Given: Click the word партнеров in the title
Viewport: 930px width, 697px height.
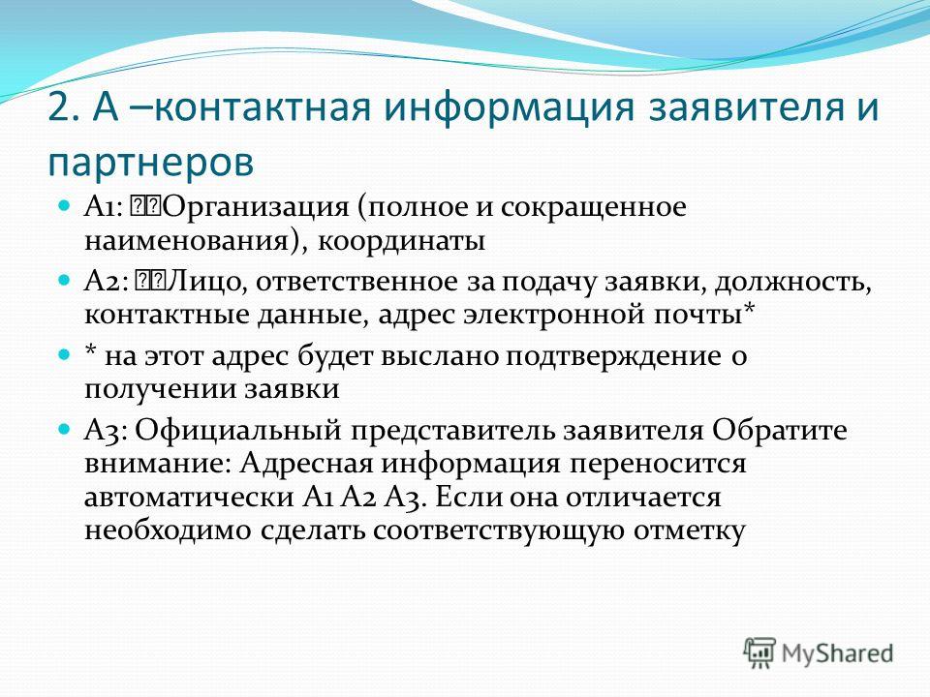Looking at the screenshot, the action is (x=151, y=163).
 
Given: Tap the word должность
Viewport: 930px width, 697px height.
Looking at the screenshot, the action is (x=793, y=283).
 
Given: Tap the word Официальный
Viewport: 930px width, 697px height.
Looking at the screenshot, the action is (x=238, y=431).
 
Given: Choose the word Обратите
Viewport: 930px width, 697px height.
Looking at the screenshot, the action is (x=779, y=431).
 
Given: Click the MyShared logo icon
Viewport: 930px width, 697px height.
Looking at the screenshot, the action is (x=759, y=653).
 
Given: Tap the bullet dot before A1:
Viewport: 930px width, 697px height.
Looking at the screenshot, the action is (x=64, y=205).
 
